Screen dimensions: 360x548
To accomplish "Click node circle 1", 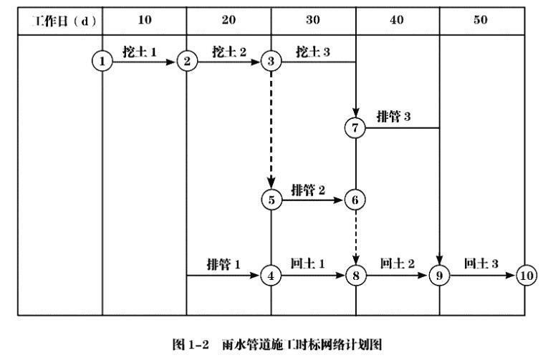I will click(102, 62).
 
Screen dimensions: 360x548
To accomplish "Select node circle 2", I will click(187, 62).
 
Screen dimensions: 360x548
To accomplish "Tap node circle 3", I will click(271, 62).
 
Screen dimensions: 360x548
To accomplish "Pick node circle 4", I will click(271, 276).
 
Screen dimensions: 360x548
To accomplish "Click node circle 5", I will click(271, 200).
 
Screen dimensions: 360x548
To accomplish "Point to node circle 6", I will click(355, 200).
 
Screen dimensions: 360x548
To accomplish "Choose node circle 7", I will click(355, 128).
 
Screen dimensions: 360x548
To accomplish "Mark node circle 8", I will click(355, 276).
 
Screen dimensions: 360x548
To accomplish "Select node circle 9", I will click(439, 276).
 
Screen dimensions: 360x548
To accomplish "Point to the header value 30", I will click(313, 20).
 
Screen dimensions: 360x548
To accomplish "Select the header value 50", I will click(481, 20).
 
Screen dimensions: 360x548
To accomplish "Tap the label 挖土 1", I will click(140, 52).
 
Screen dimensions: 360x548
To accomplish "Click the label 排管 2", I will click(309, 190).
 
